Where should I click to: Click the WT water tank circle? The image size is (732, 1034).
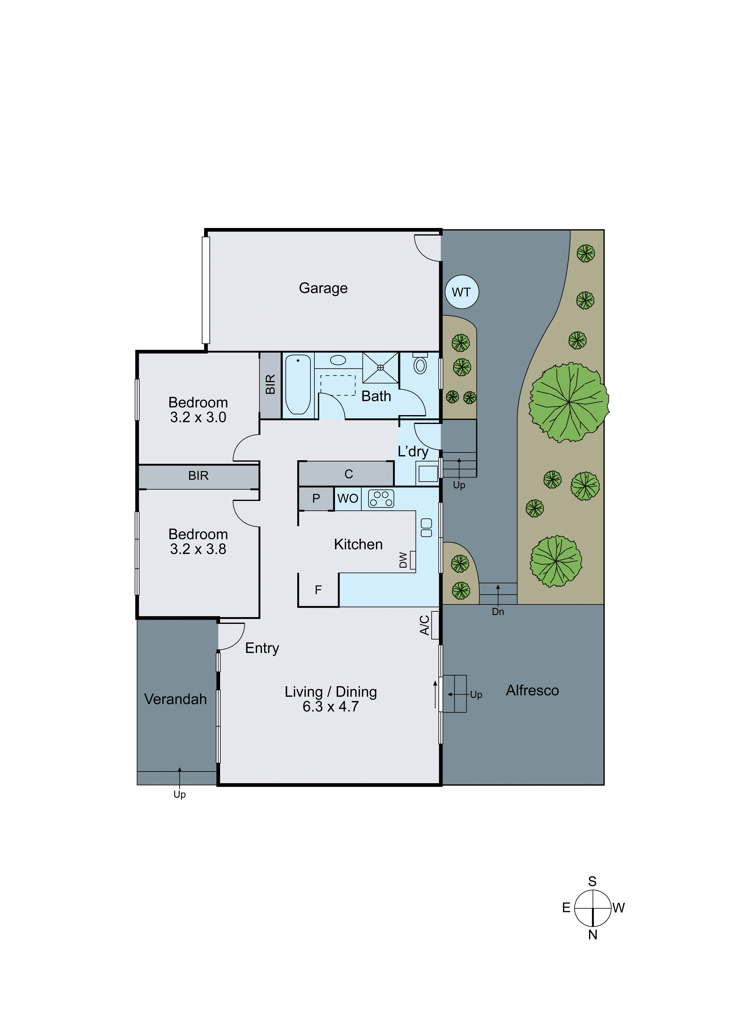coord(462,292)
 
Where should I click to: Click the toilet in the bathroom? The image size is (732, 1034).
coord(420,365)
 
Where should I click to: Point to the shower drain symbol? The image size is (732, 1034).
coord(380,368)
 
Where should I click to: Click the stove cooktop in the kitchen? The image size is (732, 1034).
coord(381,499)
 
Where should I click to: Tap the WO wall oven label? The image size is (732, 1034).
coord(348,499)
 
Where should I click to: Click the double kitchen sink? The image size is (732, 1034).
coord(426,528)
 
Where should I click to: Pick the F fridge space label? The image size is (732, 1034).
coord(318,590)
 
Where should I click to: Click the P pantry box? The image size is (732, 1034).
coord(316,499)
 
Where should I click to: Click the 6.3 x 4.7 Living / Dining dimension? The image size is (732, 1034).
coord(330,707)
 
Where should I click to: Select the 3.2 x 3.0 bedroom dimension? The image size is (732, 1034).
coord(198,417)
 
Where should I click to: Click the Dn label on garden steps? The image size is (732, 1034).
coord(498,612)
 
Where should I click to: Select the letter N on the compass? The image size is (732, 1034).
coord(592,935)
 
